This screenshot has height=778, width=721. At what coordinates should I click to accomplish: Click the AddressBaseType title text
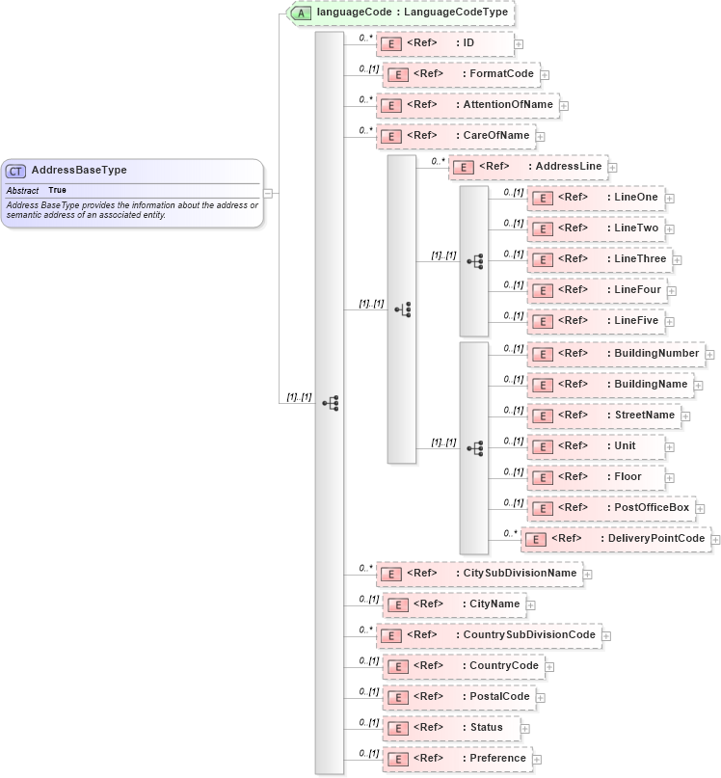[x=79, y=171]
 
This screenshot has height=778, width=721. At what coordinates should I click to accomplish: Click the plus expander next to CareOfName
[x=541, y=137]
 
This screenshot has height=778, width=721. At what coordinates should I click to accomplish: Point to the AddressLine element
[x=528, y=167]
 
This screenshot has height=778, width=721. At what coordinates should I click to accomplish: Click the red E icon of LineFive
[x=543, y=321]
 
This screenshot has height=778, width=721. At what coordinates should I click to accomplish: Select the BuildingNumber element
[x=615, y=354]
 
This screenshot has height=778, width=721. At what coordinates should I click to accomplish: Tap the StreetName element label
[x=645, y=416]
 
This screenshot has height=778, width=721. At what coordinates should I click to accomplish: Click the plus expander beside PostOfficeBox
[x=700, y=508]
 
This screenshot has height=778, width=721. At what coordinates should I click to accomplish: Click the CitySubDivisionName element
[x=479, y=574]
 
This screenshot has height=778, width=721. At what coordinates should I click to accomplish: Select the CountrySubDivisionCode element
[x=488, y=635]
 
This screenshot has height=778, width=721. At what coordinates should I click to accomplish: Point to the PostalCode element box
[x=459, y=697]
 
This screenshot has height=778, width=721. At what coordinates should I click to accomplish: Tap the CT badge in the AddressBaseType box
[x=16, y=171]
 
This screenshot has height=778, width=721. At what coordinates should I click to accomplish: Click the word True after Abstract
[x=57, y=191]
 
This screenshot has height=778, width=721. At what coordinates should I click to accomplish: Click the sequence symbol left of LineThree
[x=474, y=260]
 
